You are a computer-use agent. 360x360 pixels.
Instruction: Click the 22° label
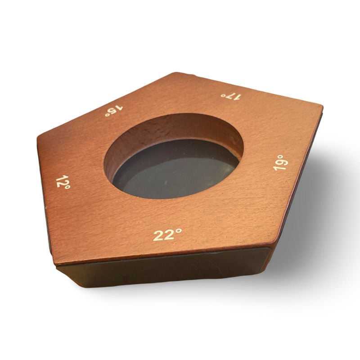(167, 234)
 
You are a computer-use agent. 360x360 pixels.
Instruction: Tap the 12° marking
(63, 182)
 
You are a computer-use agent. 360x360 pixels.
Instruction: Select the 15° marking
(114, 111)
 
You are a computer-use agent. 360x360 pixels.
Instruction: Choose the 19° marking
(280, 162)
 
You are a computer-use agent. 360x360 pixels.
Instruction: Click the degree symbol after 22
(179, 231)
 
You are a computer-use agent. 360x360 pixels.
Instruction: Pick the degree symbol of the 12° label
(67, 187)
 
